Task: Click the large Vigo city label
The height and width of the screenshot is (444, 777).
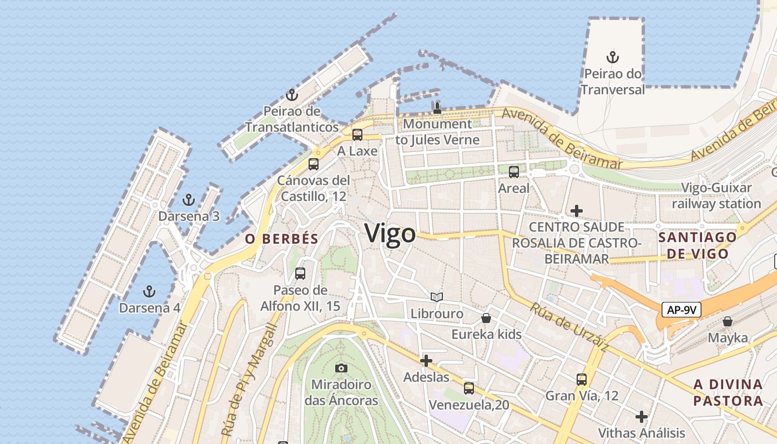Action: (390, 233)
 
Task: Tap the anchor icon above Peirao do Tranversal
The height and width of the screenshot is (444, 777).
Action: (612, 57)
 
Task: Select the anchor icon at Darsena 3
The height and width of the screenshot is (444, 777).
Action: (189, 200)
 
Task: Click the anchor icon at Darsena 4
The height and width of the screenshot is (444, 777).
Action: (149, 291)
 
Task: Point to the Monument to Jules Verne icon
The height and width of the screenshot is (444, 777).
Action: (437, 108)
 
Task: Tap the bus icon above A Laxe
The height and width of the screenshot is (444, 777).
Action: (357, 135)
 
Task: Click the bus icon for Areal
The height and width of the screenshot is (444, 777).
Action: (514, 172)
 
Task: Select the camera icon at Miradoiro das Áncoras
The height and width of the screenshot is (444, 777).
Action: (341, 368)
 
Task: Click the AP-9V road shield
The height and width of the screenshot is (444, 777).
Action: (681, 310)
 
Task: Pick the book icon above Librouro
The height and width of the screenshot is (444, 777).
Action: (437, 297)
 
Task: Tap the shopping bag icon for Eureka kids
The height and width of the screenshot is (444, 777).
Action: (486, 318)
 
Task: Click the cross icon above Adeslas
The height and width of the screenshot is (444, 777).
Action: (426, 361)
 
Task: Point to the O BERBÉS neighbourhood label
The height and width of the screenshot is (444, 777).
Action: (282, 239)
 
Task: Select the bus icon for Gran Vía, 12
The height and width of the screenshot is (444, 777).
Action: (581, 380)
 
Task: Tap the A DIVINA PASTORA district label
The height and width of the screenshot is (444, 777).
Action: (728, 392)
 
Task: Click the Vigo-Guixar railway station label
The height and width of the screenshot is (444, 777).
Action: (716, 195)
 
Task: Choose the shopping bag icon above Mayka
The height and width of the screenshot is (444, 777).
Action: (727, 321)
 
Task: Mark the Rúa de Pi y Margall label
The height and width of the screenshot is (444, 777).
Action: (248, 380)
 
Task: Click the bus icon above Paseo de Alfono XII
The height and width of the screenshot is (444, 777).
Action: (300, 274)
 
